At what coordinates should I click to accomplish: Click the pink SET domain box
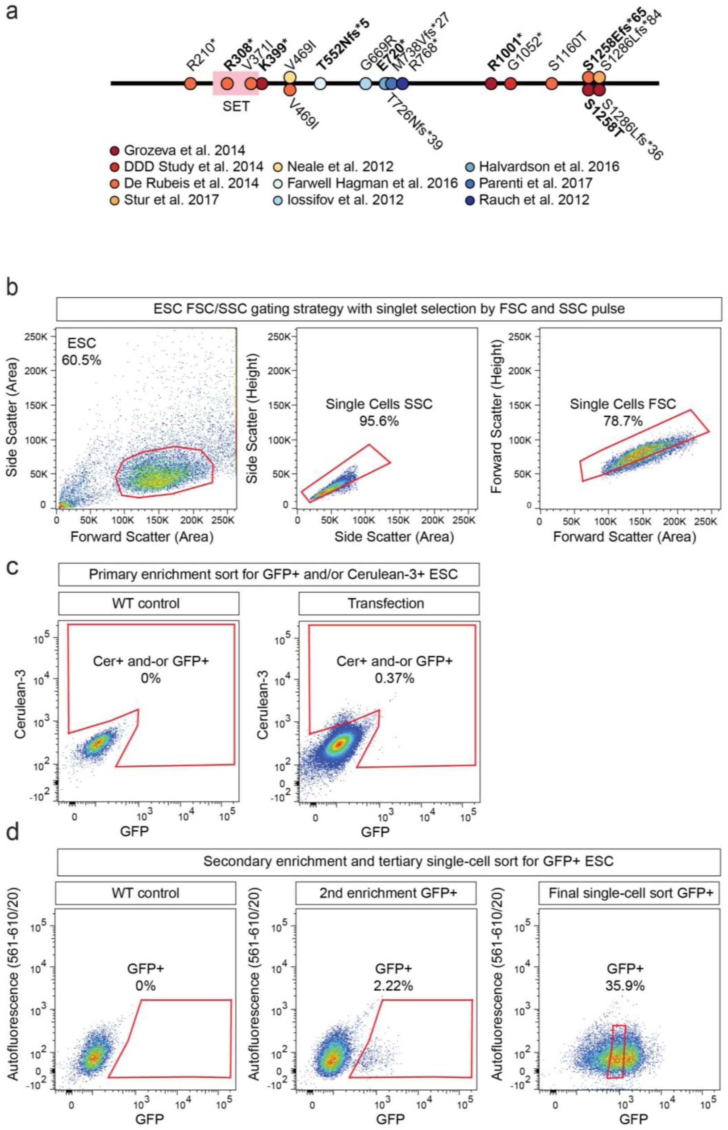point(235,83)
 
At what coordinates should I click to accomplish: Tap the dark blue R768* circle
point(402,83)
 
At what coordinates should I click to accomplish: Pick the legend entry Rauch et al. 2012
point(534,199)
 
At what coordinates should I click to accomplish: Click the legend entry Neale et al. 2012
point(340,166)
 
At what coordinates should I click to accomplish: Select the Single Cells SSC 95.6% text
point(379,411)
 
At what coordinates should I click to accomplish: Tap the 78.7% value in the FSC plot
point(623,420)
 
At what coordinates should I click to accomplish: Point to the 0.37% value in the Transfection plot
point(394,678)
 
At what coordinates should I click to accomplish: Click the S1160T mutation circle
point(551,83)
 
